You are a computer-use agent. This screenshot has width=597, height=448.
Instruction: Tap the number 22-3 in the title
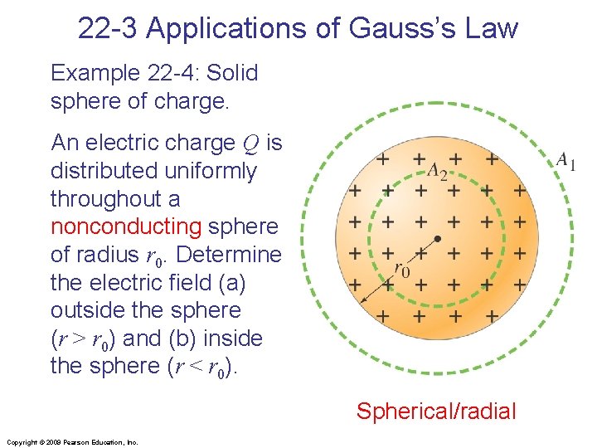pyautogui.click(x=111, y=28)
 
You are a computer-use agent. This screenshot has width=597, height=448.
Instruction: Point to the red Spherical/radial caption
pyautogui.click(x=436, y=411)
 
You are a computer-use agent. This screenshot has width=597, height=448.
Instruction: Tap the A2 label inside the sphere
pyautogui.click(x=436, y=171)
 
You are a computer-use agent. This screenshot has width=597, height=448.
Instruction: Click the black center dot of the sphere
pyautogui.click(x=438, y=239)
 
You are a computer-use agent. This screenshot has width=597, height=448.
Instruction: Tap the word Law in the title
pyautogui.click(x=493, y=28)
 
